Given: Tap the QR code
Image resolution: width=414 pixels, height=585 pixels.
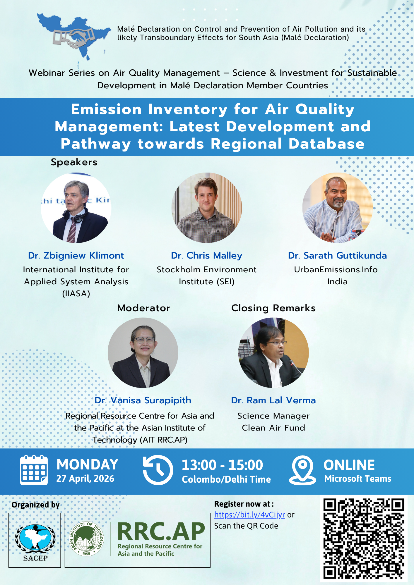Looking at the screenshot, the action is (364, 539).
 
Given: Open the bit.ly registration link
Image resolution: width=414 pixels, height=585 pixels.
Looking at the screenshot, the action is (249, 515).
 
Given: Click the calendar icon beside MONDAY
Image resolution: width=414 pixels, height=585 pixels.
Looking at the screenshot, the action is (34, 470).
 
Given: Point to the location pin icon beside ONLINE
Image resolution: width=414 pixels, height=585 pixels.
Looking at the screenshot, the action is (303, 470).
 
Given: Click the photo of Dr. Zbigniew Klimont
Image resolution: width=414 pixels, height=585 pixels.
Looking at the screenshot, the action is (76, 208).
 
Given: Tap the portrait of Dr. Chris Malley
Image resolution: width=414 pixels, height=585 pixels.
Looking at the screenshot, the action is (207, 208).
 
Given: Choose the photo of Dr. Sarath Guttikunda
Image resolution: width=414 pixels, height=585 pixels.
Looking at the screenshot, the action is (338, 208).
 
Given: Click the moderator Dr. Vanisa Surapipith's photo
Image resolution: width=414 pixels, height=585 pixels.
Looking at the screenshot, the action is (143, 353).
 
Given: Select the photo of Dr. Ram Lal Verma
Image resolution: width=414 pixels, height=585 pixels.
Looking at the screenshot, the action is (273, 353).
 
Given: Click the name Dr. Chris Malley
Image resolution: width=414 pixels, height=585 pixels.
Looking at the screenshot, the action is (207, 255).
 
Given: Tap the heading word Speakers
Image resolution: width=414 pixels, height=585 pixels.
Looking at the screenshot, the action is (74, 162).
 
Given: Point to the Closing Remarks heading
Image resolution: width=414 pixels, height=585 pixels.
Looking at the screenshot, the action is (273, 308).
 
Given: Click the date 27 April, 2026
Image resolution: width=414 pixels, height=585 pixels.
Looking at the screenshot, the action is (85, 479).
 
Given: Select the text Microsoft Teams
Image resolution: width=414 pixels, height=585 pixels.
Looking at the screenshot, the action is (358, 479).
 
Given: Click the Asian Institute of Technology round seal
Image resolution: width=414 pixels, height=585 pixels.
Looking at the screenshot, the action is (86, 538).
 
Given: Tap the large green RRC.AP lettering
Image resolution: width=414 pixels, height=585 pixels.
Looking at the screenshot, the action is (161, 531).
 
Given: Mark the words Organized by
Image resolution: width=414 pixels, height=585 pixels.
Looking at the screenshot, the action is (35, 505).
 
